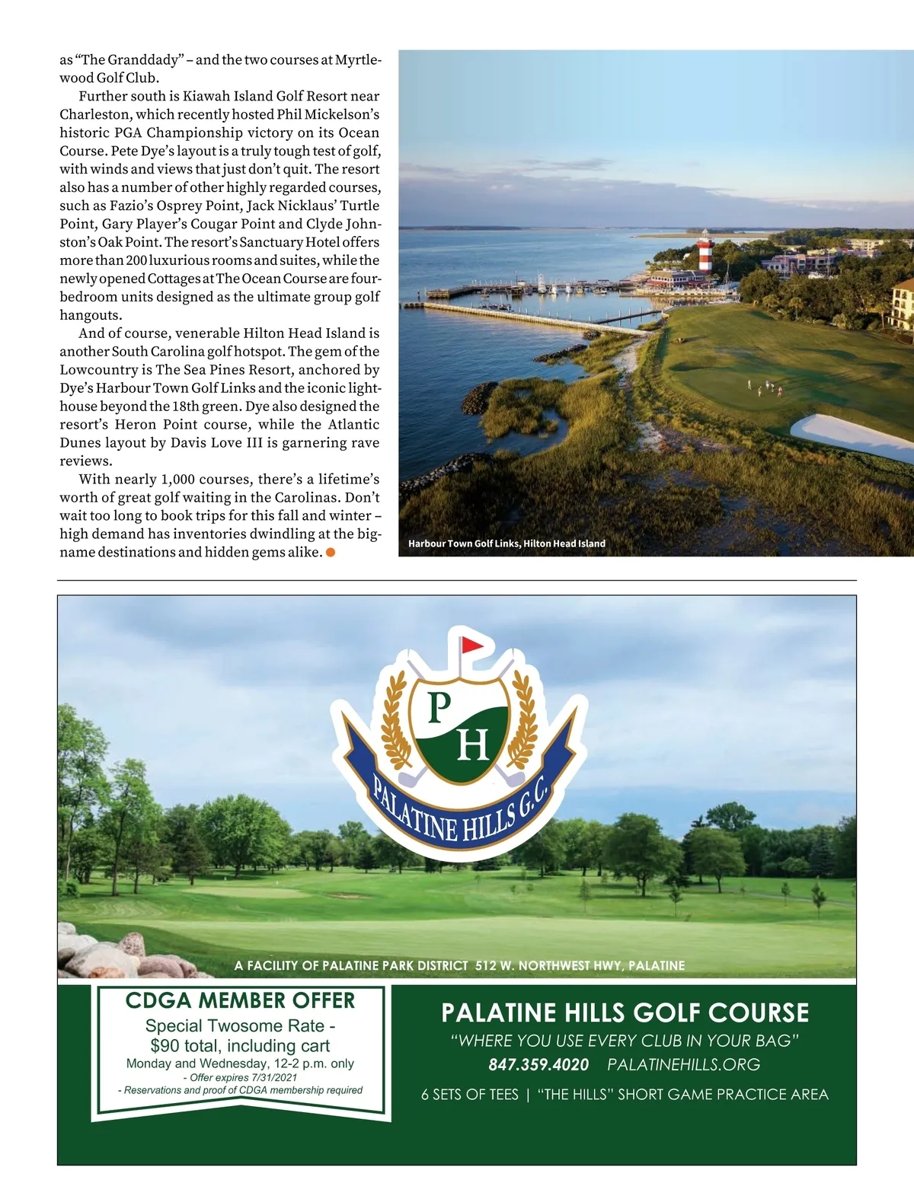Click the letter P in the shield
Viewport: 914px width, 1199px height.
click(x=439, y=708)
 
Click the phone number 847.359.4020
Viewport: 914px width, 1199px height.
click(x=538, y=1064)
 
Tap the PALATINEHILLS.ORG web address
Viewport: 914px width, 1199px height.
click(x=683, y=1064)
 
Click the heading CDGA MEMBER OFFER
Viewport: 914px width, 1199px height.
click(x=240, y=1000)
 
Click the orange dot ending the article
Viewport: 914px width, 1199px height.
click(x=331, y=553)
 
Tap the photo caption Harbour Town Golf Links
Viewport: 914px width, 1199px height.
click(x=507, y=544)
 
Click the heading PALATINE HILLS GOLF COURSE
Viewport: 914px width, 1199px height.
click(x=625, y=1013)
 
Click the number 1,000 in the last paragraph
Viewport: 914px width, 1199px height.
click(x=181, y=480)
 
